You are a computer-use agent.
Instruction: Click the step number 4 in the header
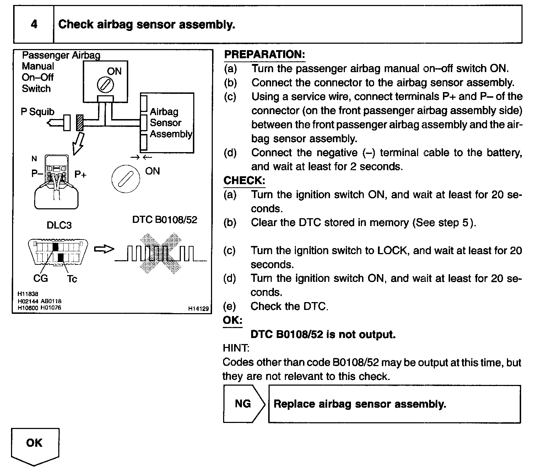(34, 25)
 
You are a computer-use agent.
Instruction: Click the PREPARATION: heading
(265, 54)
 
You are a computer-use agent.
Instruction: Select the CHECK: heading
(244, 181)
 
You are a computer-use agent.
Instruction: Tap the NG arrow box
(244, 404)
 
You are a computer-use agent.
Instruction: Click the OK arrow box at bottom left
(35, 444)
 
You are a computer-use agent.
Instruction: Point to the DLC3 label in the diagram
(59, 225)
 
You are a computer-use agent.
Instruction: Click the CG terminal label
(40, 278)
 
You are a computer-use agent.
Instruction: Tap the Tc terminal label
(72, 279)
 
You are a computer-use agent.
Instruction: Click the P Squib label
(38, 112)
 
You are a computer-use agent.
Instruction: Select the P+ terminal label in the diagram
(80, 175)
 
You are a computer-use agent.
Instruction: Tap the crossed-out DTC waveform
(161, 253)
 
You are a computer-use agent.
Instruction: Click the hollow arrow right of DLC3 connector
(104, 249)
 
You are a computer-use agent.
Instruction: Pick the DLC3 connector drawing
(58, 252)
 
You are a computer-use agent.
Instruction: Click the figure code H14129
(199, 309)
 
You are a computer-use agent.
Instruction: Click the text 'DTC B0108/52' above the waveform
(164, 220)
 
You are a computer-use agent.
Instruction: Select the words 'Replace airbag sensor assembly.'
(360, 404)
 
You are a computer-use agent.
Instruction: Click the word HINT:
(236, 348)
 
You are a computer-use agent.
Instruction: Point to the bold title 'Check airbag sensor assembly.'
(147, 25)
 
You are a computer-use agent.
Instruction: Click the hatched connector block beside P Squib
(80, 123)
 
